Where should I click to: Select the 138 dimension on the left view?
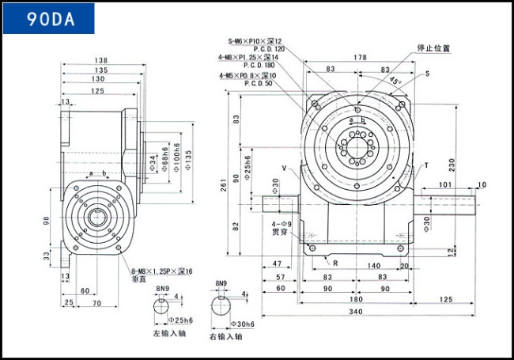[100, 60]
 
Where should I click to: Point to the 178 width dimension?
[360, 57]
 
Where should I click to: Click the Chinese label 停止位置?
[434, 48]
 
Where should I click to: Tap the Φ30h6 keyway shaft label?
[244, 324]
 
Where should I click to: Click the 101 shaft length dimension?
[444, 185]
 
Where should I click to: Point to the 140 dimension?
[373, 266]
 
